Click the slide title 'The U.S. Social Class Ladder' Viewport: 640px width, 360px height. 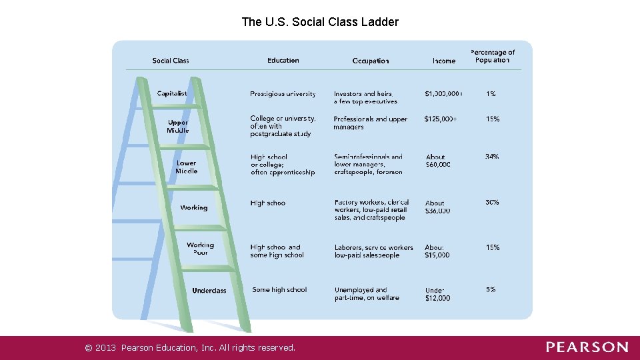(x=320, y=22)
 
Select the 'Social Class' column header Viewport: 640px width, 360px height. (x=171, y=61)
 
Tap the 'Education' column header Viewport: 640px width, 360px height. (x=283, y=61)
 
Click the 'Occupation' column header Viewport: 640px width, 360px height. (x=371, y=61)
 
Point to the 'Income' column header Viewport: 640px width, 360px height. (x=444, y=61)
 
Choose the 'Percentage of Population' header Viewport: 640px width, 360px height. (x=493, y=56)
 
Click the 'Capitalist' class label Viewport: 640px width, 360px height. (x=172, y=94)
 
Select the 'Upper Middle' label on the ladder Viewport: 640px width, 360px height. (x=178, y=127)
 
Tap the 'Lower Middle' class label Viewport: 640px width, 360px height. (x=187, y=167)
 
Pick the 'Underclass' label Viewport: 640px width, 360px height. (x=209, y=291)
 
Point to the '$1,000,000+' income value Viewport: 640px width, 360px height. (x=443, y=94)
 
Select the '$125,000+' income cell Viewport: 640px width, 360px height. (x=441, y=119)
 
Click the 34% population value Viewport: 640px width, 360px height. (x=492, y=157)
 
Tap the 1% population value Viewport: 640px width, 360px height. (x=491, y=94)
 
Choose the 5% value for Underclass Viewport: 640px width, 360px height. (x=491, y=290)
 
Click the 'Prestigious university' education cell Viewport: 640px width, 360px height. (x=283, y=94)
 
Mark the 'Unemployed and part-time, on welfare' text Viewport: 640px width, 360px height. (x=367, y=294)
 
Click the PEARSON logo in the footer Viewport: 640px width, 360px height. (x=587, y=347)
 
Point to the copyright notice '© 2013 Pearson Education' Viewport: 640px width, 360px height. (x=190, y=347)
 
